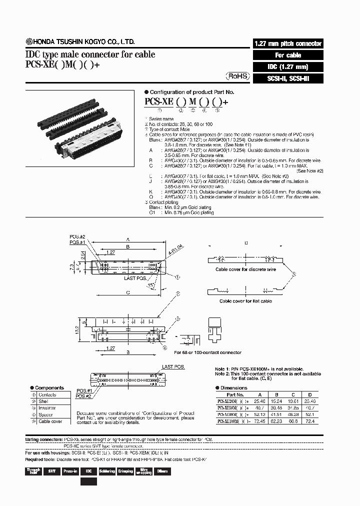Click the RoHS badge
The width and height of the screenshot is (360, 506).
pos(237,76)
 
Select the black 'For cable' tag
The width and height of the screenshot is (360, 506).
pos(288,55)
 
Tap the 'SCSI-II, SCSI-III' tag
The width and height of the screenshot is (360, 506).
pos(288,78)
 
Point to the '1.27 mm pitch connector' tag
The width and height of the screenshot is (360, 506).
pos(288,43)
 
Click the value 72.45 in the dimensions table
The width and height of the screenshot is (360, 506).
pos(259,421)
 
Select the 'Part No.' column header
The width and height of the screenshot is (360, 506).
pos(235,394)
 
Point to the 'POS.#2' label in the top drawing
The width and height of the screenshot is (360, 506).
pos(78,236)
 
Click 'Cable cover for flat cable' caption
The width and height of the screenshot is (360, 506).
pos(245,301)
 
